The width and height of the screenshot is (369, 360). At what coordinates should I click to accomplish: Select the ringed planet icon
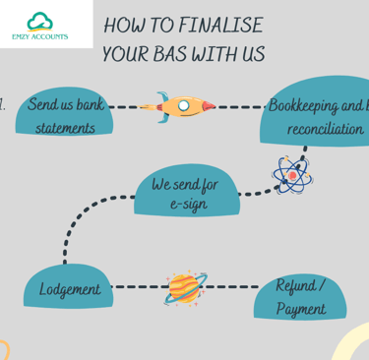pos(184,288)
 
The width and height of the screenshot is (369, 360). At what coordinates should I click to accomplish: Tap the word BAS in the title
pos(177,54)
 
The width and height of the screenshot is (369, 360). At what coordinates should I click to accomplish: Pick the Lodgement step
pos(69,290)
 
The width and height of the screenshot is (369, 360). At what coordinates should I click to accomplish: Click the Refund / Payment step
pos(300,296)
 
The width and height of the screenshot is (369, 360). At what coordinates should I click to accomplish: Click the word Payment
pos(300,308)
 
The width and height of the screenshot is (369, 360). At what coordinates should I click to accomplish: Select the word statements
pos(65,128)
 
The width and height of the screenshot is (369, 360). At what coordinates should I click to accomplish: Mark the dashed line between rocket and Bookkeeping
pos(241,105)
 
